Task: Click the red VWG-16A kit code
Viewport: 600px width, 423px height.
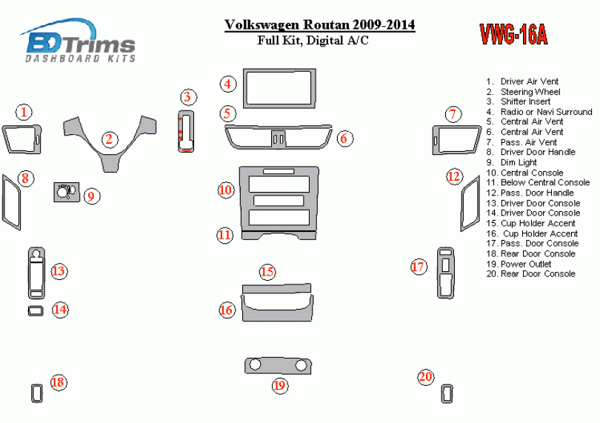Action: click(x=513, y=35)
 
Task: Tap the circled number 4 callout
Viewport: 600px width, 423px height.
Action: click(x=228, y=84)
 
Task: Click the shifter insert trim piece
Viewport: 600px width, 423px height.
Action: click(x=186, y=131)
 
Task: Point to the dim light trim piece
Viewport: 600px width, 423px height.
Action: click(x=67, y=192)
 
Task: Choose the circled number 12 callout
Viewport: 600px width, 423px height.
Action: click(x=454, y=176)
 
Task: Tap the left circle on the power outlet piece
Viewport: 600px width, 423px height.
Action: click(x=255, y=364)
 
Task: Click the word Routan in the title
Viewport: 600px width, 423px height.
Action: click(x=326, y=25)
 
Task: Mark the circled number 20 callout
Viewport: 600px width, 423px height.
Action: click(x=426, y=377)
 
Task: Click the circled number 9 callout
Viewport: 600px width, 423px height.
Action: click(x=91, y=196)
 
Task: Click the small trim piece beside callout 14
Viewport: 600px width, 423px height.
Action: click(x=36, y=310)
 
